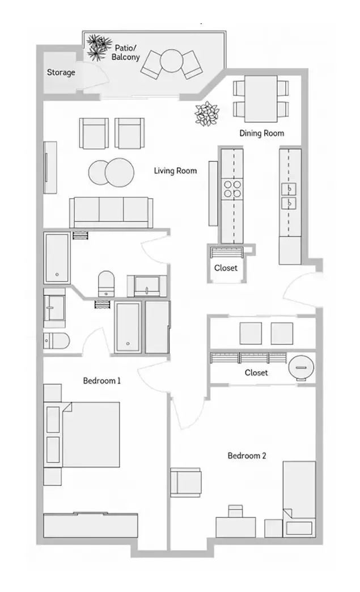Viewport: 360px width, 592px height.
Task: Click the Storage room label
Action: pos(61,72)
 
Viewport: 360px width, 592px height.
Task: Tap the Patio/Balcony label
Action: pos(125,53)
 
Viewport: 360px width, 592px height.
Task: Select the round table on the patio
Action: pos(172,61)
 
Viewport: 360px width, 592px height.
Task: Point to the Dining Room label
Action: pos(261,133)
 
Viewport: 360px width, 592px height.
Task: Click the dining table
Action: pos(261,99)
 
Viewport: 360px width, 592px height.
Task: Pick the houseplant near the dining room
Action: pos(206,113)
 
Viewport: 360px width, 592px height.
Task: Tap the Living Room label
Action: pos(175,171)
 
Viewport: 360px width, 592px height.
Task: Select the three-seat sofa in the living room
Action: pos(111,212)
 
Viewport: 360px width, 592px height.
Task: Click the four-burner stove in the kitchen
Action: pos(232,189)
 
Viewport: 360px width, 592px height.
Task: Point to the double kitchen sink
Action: pos(288,197)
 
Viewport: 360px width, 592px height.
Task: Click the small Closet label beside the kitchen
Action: pos(226,268)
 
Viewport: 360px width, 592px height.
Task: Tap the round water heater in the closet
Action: pos(301,367)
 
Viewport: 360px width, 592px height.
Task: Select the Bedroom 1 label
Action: pos(102,381)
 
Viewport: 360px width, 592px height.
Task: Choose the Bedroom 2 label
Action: pos(247,455)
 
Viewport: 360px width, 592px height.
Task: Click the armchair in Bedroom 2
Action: pos(185,482)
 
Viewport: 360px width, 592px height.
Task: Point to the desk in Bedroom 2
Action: pos(236,527)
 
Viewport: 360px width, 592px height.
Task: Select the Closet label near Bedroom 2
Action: pos(256,373)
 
